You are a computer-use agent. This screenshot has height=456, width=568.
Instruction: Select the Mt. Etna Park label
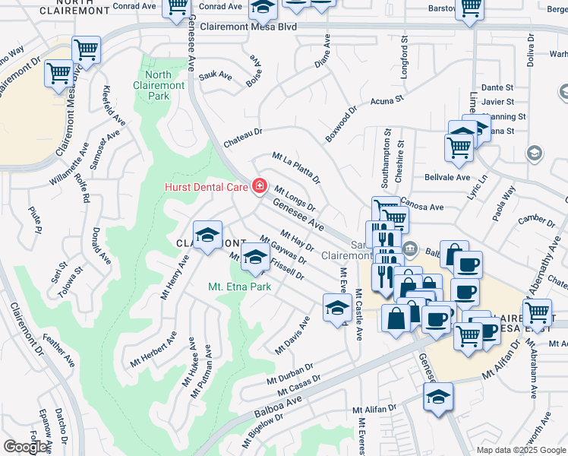240,287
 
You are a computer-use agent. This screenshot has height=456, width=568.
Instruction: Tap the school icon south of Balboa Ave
437,397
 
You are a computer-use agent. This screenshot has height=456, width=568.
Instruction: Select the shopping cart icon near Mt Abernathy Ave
538,312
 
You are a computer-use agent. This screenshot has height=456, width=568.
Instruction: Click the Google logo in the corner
25,447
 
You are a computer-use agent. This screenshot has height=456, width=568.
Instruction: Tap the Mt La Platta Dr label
296,168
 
